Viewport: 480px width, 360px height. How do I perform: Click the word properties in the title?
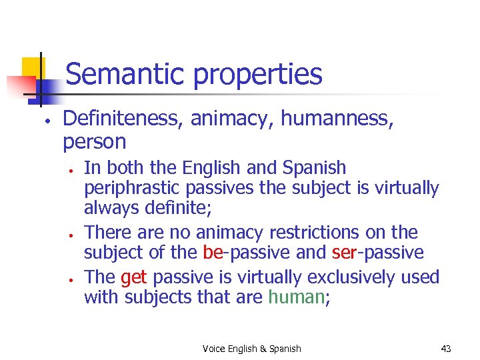[x=258, y=75]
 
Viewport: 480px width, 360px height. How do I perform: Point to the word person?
[x=94, y=142]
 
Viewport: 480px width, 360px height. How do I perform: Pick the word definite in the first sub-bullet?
[x=183, y=209]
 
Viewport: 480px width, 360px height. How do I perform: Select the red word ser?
[x=342, y=253]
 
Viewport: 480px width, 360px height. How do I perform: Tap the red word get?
[x=133, y=277]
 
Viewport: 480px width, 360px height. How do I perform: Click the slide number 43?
[x=446, y=348]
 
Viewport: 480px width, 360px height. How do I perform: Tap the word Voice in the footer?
[x=213, y=348]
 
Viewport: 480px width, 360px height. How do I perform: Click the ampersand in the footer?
[x=263, y=348]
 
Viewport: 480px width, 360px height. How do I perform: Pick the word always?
[x=106, y=209]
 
